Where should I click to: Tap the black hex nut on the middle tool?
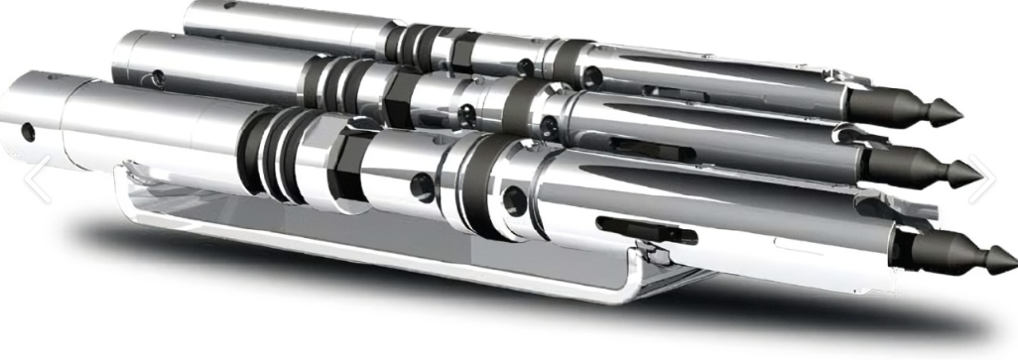tap(400, 100)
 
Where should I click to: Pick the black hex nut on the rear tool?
tap(455, 47)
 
